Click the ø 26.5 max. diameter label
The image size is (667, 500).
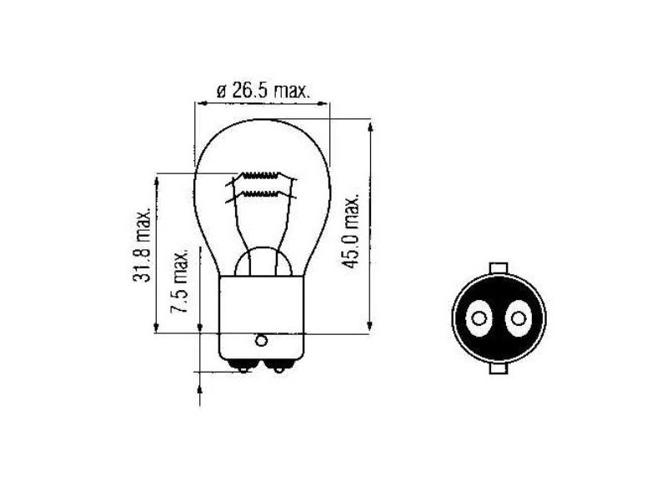pyautogui.click(x=260, y=90)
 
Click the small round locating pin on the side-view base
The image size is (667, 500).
pyautogui.click(x=261, y=340)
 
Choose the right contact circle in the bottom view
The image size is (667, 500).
pyautogui.click(x=519, y=318)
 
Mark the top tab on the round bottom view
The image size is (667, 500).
pyautogui.click(x=498, y=267)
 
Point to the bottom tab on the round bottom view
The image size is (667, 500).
pyautogui.click(x=498, y=369)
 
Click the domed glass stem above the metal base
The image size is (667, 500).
pyautogui.click(x=261, y=260)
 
